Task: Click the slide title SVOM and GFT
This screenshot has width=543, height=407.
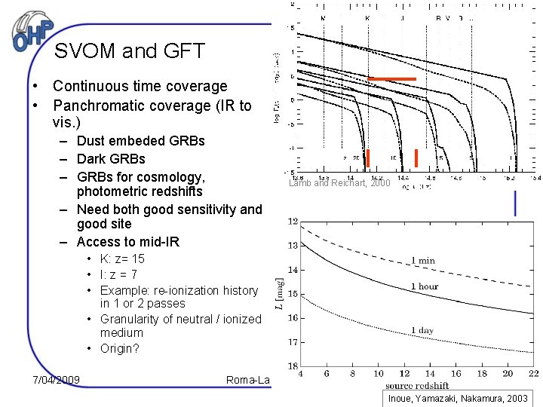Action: coord(130,51)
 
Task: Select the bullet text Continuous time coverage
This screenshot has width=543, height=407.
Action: coord(140,87)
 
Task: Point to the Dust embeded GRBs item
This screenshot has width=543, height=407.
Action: coord(140,141)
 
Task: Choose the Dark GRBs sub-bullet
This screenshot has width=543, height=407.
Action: coord(111,159)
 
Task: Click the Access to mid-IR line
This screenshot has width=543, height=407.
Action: coord(127,242)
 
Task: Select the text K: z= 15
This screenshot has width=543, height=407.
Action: coord(122,259)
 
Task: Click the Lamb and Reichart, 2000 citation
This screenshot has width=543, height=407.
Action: coord(339,183)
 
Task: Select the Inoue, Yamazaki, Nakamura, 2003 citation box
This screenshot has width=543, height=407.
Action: coord(459,398)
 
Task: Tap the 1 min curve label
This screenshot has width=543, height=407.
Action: coord(422,261)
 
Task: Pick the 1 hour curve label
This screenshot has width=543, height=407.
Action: coord(425,287)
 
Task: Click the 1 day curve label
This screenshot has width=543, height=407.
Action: coord(422,331)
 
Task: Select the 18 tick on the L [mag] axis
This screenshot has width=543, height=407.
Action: coord(293,365)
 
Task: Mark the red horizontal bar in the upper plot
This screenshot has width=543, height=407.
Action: coord(391,79)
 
